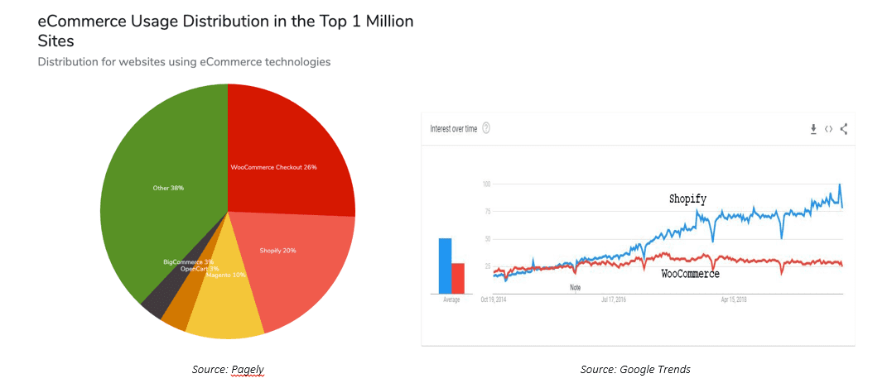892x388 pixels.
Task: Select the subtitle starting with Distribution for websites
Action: tap(184, 62)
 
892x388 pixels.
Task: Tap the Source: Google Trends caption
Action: tap(635, 369)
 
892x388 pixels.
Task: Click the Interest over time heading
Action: tap(453, 128)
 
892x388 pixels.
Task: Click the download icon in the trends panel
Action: tap(813, 128)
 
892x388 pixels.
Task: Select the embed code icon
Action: tap(828, 128)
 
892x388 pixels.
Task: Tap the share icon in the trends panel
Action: tap(843, 128)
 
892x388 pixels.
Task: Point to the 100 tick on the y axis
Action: tap(487, 184)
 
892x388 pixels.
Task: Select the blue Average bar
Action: tap(445, 266)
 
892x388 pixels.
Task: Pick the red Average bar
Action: tap(458, 278)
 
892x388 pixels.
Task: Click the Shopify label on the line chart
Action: tap(687, 199)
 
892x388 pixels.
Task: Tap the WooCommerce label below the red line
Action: tap(691, 274)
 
